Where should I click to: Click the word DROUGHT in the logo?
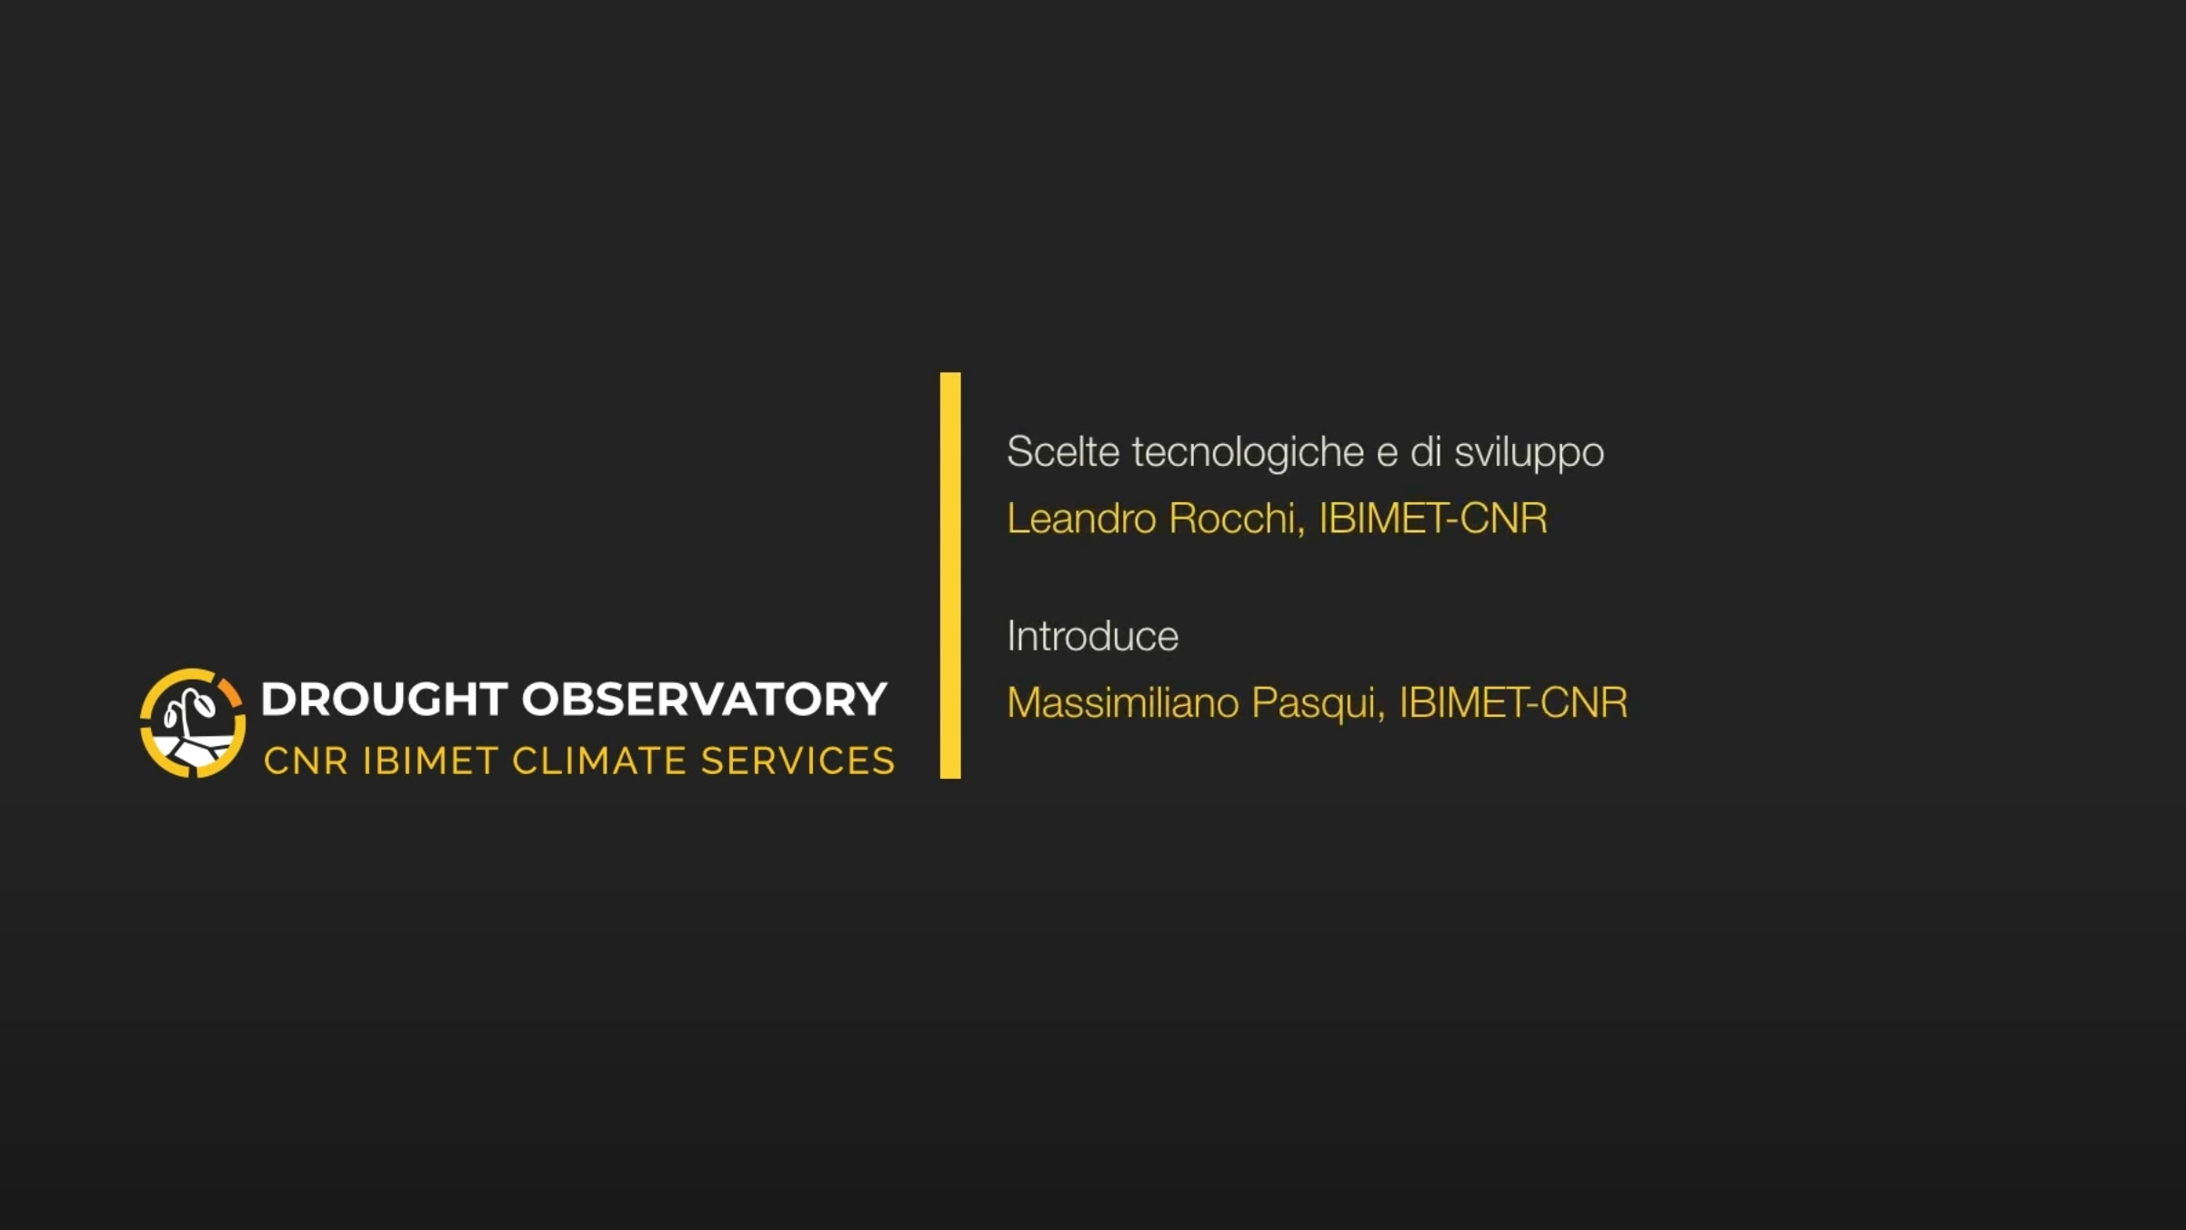pos(384,699)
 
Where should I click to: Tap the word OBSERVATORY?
pos(705,699)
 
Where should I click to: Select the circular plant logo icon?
pos(193,723)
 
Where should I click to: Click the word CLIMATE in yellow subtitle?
pos(599,761)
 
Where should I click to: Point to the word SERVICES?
pos(798,761)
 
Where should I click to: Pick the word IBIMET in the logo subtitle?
pos(430,761)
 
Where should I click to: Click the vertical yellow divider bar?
pos(950,575)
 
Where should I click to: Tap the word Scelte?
pos(1063,451)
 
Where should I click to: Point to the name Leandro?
pos(1081,519)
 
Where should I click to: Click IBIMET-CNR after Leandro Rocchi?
pos(1433,519)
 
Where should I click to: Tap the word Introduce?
pos(1092,636)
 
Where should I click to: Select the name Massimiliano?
pos(1123,702)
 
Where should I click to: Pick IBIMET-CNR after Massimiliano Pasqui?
pos(1513,702)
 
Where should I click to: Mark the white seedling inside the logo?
pos(190,712)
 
